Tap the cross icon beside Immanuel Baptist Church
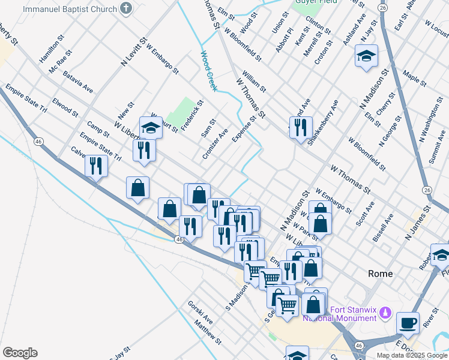(x=125, y=8)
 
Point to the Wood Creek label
(x=207, y=70)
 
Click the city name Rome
(x=380, y=274)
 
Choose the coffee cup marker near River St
(x=408, y=322)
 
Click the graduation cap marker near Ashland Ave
(x=366, y=56)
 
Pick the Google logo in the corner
(x=19, y=353)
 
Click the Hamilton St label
(x=52, y=49)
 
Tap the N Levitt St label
(x=134, y=52)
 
